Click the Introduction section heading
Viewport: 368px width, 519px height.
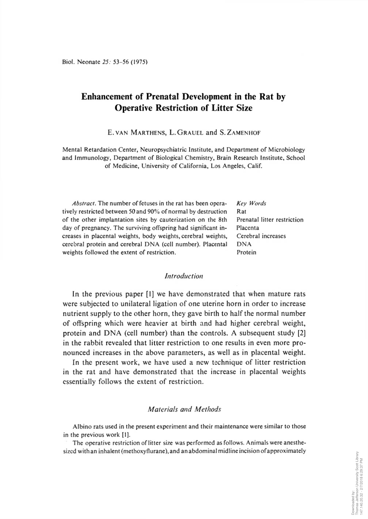(184, 276)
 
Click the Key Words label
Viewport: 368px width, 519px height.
(251, 203)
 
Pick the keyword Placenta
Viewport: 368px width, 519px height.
(248, 228)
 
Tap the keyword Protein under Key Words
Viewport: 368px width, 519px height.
(246, 253)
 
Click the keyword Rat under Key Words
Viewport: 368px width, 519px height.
(241, 212)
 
